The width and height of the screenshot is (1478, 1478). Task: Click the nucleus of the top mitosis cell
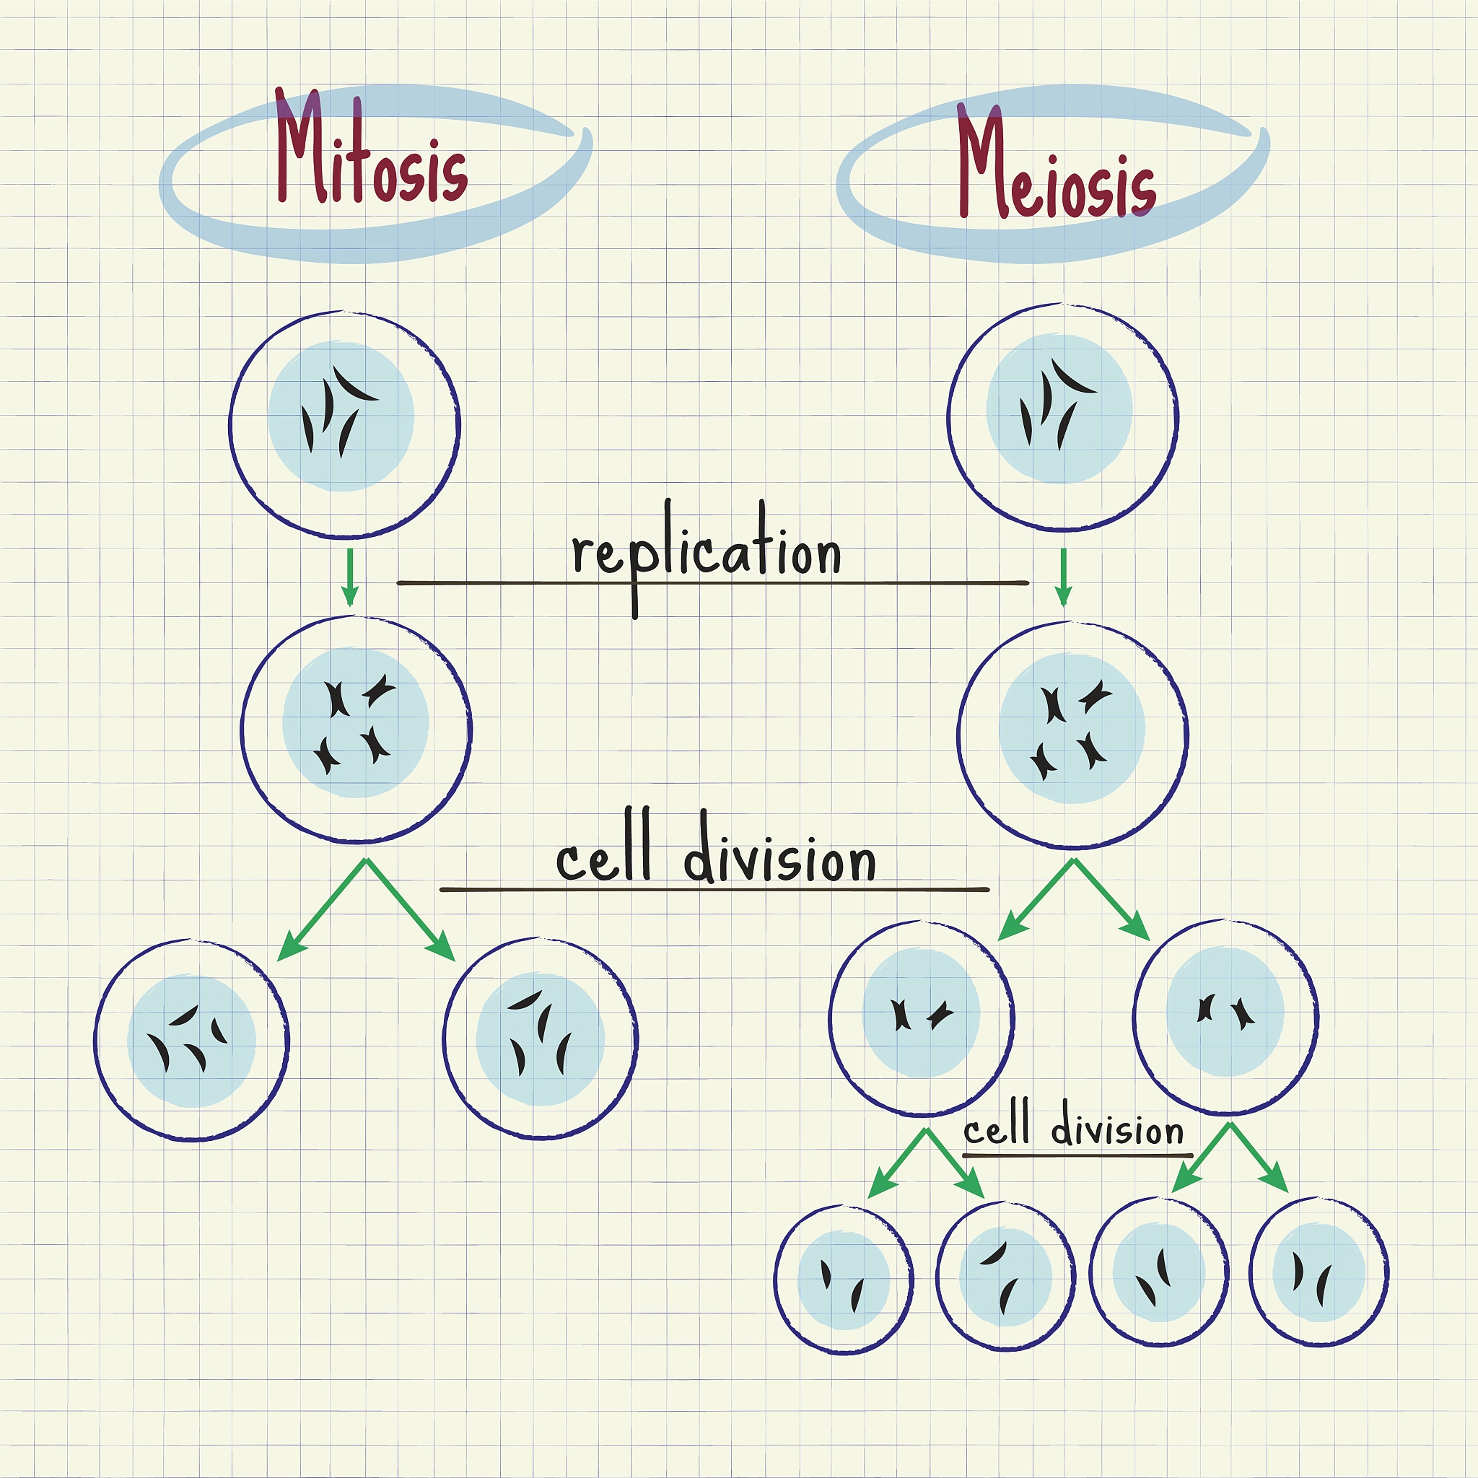click(x=341, y=416)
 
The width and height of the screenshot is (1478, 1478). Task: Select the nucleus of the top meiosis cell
click(x=1059, y=408)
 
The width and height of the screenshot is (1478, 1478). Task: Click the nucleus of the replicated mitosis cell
click(x=356, y=723)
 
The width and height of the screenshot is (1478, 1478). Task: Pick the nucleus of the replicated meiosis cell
click(x=1072, y=728)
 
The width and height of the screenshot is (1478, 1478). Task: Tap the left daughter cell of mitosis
click(x=192, y=1040)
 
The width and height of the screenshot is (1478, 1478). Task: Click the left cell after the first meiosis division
click(x=922, y=1018)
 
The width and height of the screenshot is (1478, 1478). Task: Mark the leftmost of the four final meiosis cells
click(x=844, y=1280)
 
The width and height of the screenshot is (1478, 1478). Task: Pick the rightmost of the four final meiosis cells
click(x=1319, y=1272)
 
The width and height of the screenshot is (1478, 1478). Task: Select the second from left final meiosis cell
click(x=1005, y=1276)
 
